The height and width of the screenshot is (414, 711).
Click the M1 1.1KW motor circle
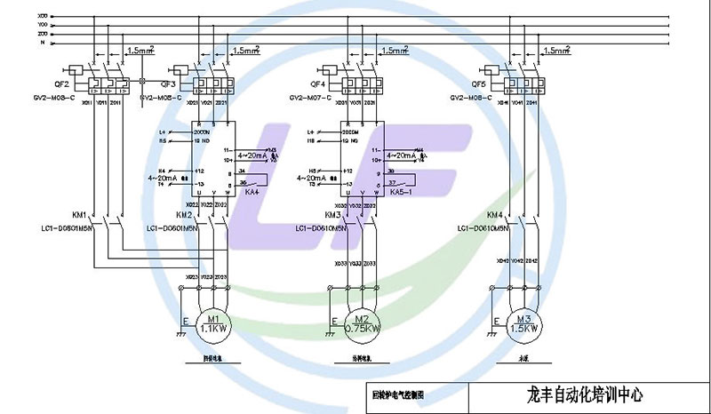coord(213,323)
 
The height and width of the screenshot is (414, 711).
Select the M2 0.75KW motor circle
coord(362,323)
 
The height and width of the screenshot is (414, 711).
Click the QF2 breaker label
coord(61,84)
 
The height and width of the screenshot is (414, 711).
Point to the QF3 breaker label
coord(168,84)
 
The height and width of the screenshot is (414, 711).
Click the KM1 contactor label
coord(79,216)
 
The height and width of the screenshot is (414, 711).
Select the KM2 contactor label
coord(184,216)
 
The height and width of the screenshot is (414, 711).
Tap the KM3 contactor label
coord(332,216)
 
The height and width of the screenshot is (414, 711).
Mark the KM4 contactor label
coord(495,216)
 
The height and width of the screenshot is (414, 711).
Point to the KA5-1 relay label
coord(401,191)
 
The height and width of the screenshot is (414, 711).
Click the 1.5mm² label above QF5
coord(557,51)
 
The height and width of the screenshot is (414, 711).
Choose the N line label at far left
coord(41,42)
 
